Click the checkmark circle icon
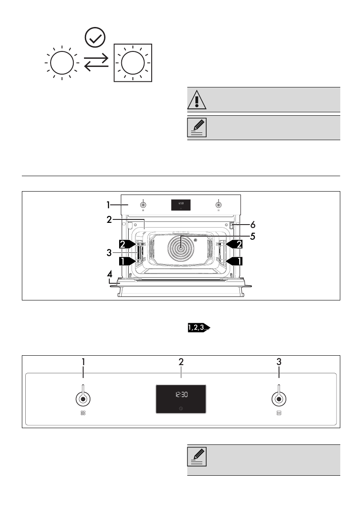click(x=95, y=37)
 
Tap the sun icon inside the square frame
click(x=133, y=63)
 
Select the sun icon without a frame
click(x=62, y=63)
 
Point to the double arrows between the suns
click(x=96, y=63)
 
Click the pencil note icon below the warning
click(x=197, y=128)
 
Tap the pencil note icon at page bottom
click(x=197, y=457)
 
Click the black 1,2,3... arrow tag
click(x=199, y=327)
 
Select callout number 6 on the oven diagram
click(x=253, y=225)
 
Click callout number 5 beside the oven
click(x=253, y=237)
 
